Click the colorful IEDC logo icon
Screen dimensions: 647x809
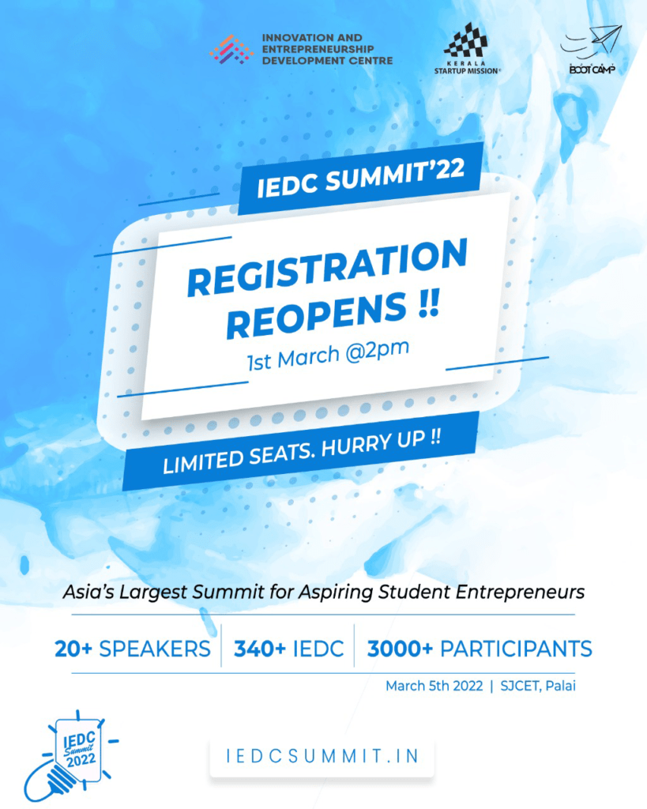(231, 50)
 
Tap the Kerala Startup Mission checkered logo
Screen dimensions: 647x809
(466, 40)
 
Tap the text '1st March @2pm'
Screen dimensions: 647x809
(328, 355)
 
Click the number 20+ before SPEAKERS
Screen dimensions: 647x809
(73, 649)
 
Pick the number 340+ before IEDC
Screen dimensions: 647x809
(260, 649)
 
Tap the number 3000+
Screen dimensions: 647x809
(400, 649)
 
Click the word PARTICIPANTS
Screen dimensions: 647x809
(516, 649)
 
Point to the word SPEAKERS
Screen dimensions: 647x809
(155, 649)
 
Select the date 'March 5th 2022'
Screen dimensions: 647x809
(434, 686)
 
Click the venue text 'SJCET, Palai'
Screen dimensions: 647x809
(538, 686)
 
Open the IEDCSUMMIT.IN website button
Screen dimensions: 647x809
(322, 757)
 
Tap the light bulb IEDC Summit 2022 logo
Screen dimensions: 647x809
(71, 756)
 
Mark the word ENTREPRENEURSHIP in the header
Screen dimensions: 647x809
(318, 49)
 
